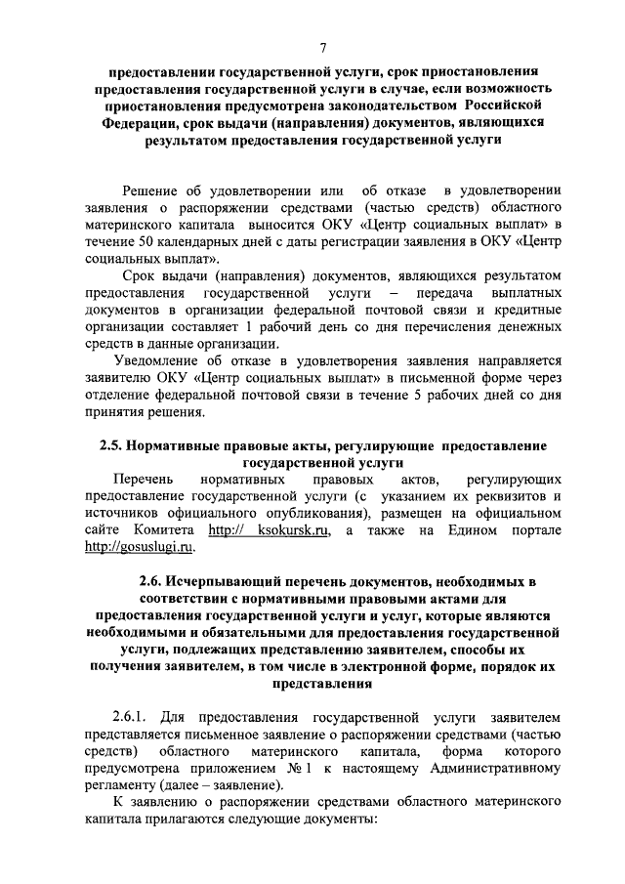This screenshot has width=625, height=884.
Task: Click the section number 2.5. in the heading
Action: click(x=119, y=445)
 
